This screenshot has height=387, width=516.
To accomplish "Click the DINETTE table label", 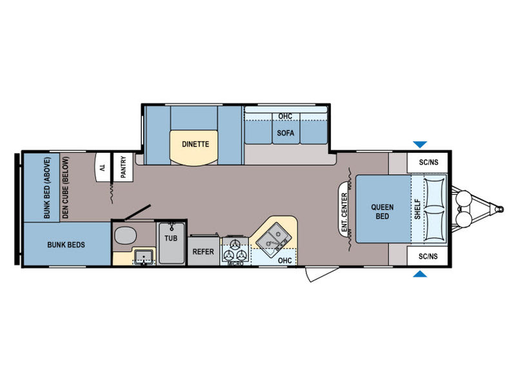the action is coord(195,144).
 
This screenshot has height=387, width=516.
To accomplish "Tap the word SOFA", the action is coord(285,133).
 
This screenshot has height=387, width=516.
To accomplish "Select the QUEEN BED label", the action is coord(382,212).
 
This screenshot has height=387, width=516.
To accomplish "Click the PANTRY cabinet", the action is coord(123,167).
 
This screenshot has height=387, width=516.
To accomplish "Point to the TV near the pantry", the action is coord(103,167).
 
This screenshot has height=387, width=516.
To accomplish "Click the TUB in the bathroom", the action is coord(171,243).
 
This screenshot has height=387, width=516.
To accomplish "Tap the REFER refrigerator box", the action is coord(203,251).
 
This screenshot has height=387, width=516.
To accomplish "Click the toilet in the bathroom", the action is coord(125,235).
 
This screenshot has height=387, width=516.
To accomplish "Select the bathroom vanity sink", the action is coord(143,257).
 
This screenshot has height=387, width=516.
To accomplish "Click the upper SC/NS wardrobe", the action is coord(428,163).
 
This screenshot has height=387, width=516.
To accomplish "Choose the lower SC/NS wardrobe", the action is coord(428,256).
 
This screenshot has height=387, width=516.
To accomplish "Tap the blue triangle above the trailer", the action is coord(420,144).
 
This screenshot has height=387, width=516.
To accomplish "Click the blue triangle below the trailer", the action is coord(420,273).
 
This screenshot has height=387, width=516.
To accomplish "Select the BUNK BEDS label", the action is coord(66,244).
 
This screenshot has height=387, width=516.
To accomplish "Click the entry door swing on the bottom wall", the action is coord(321,274).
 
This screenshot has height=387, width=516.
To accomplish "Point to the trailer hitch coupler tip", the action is coord(501,209).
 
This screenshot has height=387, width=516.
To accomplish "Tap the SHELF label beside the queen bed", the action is coord(417,209).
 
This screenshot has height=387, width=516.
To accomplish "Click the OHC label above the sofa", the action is coord(285,117).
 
